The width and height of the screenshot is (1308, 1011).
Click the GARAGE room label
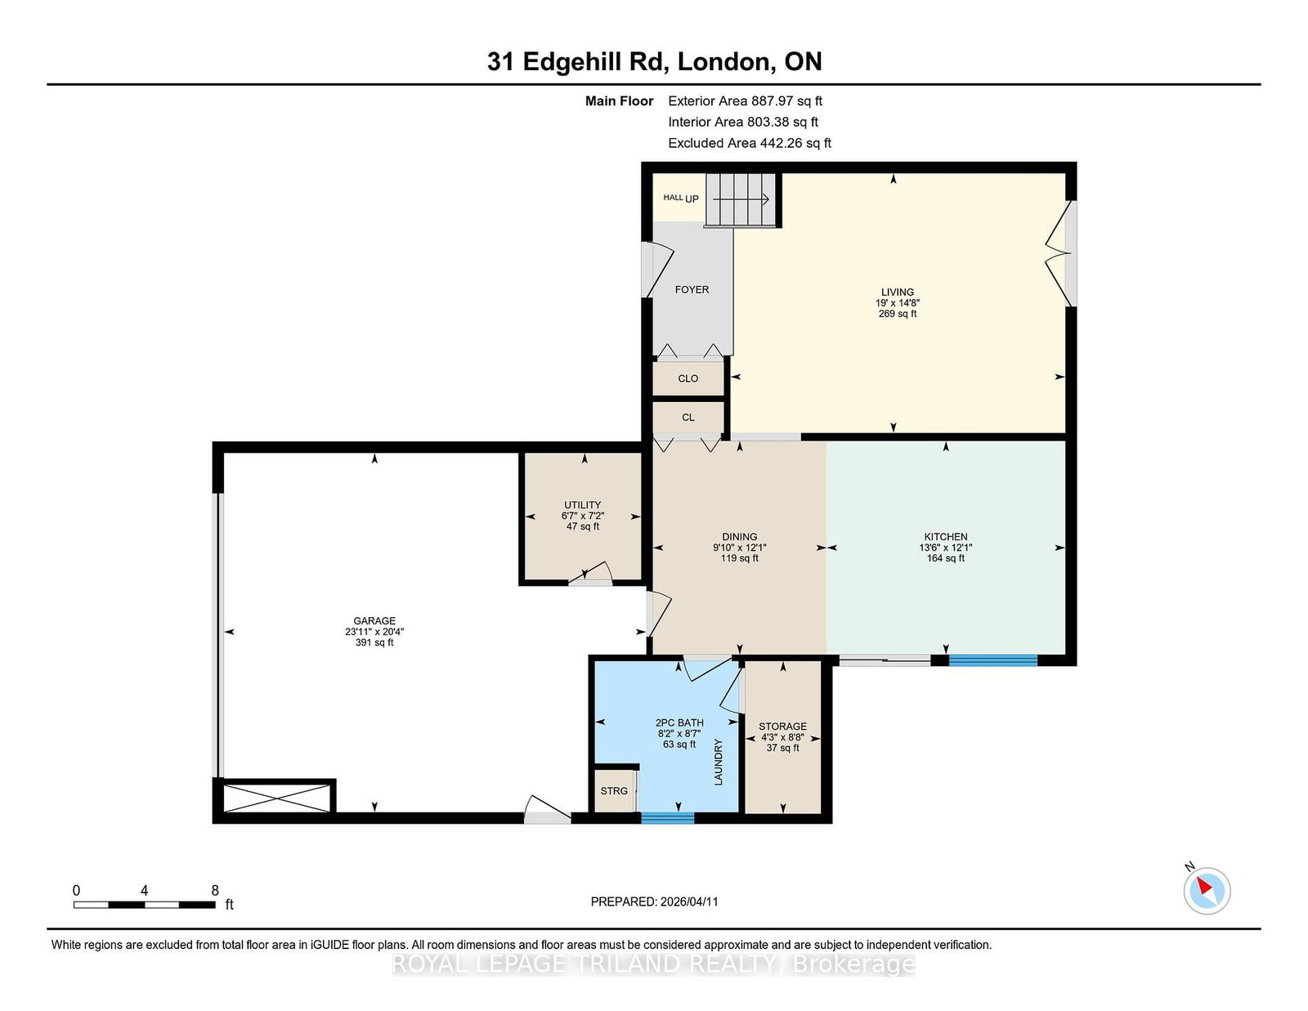[374, 621]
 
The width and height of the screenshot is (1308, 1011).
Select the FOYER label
[692, 290]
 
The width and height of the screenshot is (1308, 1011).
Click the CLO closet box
[688, 378]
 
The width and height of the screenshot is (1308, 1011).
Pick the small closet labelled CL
[688, 418]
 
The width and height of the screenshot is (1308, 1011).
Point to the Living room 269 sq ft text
[898, 314]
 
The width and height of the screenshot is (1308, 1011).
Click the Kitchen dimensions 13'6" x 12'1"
[946, 548]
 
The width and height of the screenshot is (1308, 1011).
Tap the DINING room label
[739, 537]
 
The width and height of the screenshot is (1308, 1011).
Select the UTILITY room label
[582, 505]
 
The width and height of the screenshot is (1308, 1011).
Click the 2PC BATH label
[679, 722]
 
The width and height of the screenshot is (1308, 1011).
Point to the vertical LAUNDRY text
[719, 762]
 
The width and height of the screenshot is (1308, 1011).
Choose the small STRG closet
[614, 791]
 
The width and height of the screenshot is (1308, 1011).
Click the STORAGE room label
[782, 727]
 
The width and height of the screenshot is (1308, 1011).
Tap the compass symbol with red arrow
[1207, 890]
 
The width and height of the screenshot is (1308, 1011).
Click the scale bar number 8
[215, 891]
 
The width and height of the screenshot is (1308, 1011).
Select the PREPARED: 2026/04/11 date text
[654, 901]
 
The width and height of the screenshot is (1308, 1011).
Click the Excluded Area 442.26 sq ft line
[750, 143]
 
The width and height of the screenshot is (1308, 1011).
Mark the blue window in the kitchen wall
[992, 660]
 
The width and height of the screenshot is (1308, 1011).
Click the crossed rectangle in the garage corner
[276, 798]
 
